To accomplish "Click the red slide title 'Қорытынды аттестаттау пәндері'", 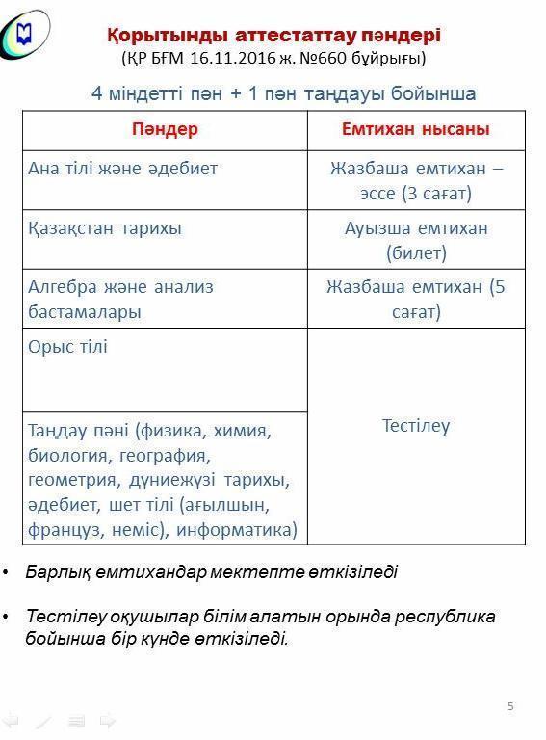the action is (x=273, y=36).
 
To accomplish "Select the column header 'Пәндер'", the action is (x=165, y=129).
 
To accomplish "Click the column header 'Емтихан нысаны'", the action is (x=416, y=129).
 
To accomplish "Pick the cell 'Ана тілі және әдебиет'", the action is (x=123, y=169).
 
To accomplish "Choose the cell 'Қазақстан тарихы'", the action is (x=105, y=228).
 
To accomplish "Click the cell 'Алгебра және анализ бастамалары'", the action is (x=120, y=299).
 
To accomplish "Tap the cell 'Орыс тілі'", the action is (x=68, y=347).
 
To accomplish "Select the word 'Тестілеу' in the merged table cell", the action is (x=416, y=426).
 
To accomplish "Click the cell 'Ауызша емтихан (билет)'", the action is (x=416, y=240).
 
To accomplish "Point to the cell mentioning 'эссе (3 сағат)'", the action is (x=416, y=193).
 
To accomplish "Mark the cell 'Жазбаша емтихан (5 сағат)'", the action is (x=416, y=299).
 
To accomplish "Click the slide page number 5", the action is (x=510, y=706).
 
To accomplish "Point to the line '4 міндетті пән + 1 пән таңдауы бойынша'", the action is (x=283, y=93).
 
